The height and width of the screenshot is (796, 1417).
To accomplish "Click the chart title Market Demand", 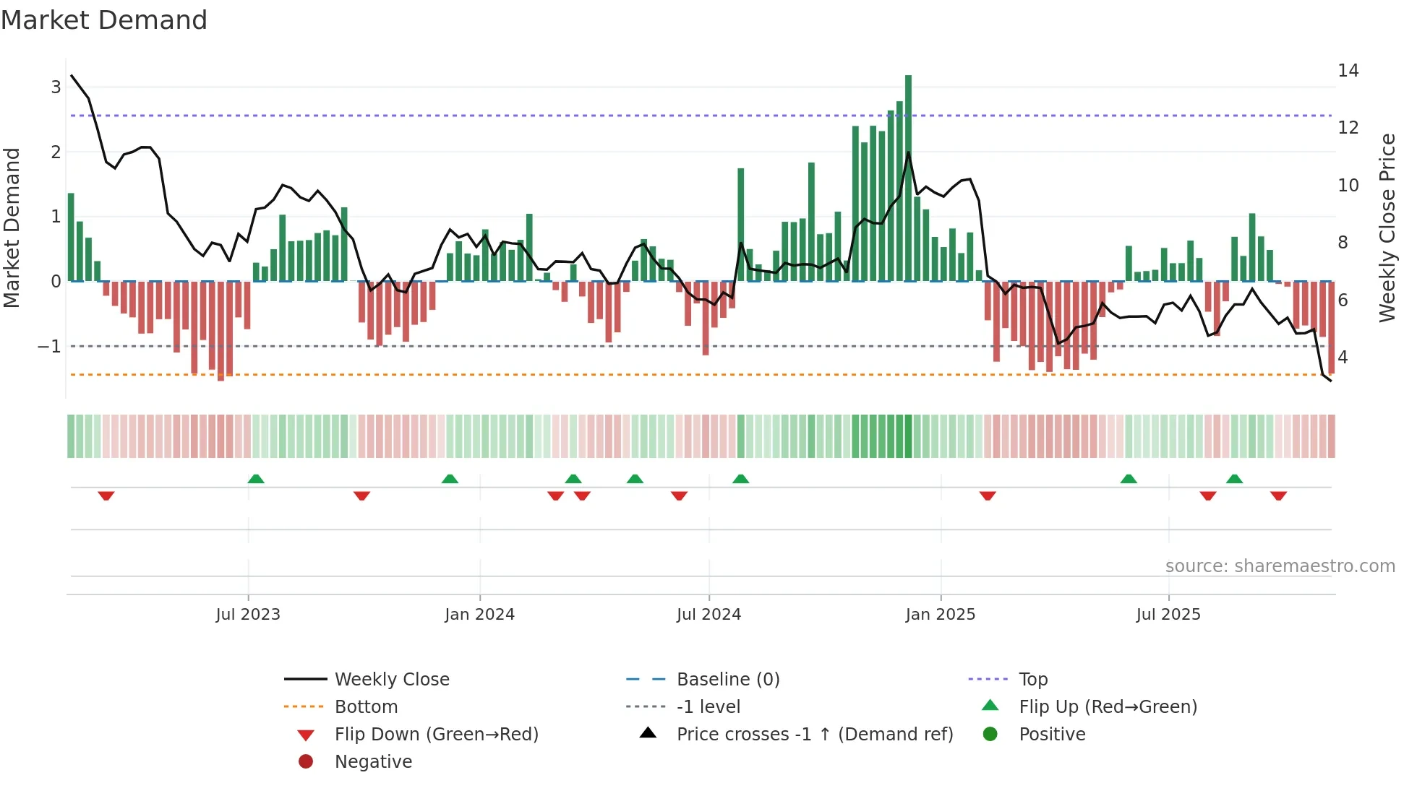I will click(x=104, y=20).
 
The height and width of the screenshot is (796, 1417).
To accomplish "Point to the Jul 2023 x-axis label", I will click(x=248, y=615).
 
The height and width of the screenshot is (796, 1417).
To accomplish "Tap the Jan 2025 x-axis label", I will click(x=940, y=615).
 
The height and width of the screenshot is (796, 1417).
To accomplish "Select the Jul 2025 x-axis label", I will click(x=1168, y=615).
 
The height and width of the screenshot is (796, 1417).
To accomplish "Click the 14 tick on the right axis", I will click(x=1348, y=71).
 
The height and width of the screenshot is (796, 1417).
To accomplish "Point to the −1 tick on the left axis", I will click(x=49, y=347).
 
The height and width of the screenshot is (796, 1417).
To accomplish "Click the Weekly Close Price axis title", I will click(x=1387, y=228).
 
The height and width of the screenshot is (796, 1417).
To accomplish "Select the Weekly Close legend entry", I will click(x=391, y=680).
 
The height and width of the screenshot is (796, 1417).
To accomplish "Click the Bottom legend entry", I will click(x=366, y=707).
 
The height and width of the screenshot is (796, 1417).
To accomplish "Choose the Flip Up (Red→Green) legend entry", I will click(x=1108, y=707).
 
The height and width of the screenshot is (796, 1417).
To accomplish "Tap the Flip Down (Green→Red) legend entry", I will click(x=436, y=735).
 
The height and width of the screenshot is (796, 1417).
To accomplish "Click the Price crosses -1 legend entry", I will click(x=814, y=735).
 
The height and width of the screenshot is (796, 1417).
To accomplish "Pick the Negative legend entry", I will click(x=373, y=762).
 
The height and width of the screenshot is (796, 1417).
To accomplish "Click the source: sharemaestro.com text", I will click(x=1280, y=566).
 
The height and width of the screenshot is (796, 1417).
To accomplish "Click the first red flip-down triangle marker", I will click(x=106, y=496).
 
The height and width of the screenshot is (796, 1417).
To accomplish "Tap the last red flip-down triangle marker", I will click(x=1278, y=496).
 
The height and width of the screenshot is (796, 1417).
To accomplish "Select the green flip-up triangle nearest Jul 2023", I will click(x=256, y=479).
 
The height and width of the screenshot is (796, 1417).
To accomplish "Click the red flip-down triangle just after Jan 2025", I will click(x=988, y=496).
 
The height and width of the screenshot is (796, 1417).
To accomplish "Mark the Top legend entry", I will click(x=1033, y=680).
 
